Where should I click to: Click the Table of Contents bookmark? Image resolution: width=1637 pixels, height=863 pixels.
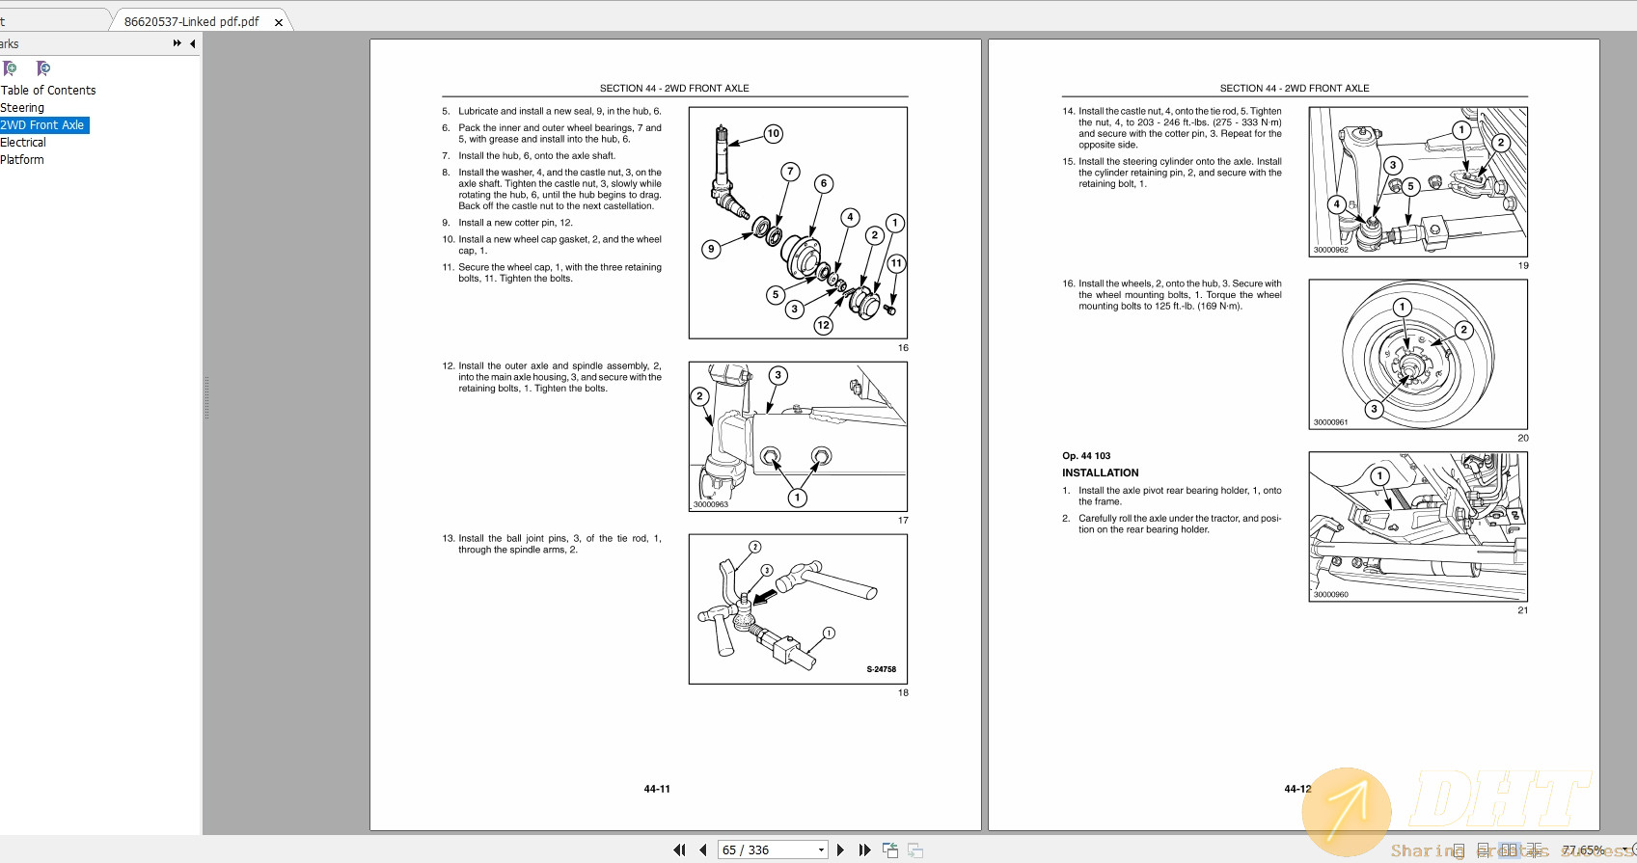48,91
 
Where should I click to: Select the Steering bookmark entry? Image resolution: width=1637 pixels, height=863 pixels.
22,108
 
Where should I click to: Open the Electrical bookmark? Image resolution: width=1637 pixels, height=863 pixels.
23,143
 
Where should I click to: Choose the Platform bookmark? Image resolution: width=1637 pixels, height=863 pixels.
22,160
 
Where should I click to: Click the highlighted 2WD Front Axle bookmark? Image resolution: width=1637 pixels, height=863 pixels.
42,125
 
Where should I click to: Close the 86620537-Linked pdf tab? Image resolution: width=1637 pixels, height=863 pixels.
279,22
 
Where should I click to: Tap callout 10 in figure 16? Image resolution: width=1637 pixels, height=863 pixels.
773,134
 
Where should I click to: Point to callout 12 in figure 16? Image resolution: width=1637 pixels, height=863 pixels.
823,325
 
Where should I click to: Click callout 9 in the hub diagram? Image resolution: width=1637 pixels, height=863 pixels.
711,249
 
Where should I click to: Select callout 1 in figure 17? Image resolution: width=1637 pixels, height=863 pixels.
797,498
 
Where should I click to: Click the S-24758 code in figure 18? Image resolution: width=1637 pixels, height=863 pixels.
881,669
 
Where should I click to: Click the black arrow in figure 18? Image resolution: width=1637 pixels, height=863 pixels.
765,597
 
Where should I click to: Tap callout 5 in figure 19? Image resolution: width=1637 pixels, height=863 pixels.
1410,186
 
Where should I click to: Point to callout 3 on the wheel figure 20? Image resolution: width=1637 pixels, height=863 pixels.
1374,409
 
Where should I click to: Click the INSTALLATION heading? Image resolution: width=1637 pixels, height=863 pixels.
1100,473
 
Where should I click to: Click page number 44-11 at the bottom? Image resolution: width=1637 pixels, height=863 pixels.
657,789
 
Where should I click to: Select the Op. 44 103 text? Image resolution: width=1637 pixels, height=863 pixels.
1086,456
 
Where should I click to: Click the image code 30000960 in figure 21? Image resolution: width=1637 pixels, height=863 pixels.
1330,595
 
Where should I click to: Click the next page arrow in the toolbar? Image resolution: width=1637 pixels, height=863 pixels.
840,850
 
